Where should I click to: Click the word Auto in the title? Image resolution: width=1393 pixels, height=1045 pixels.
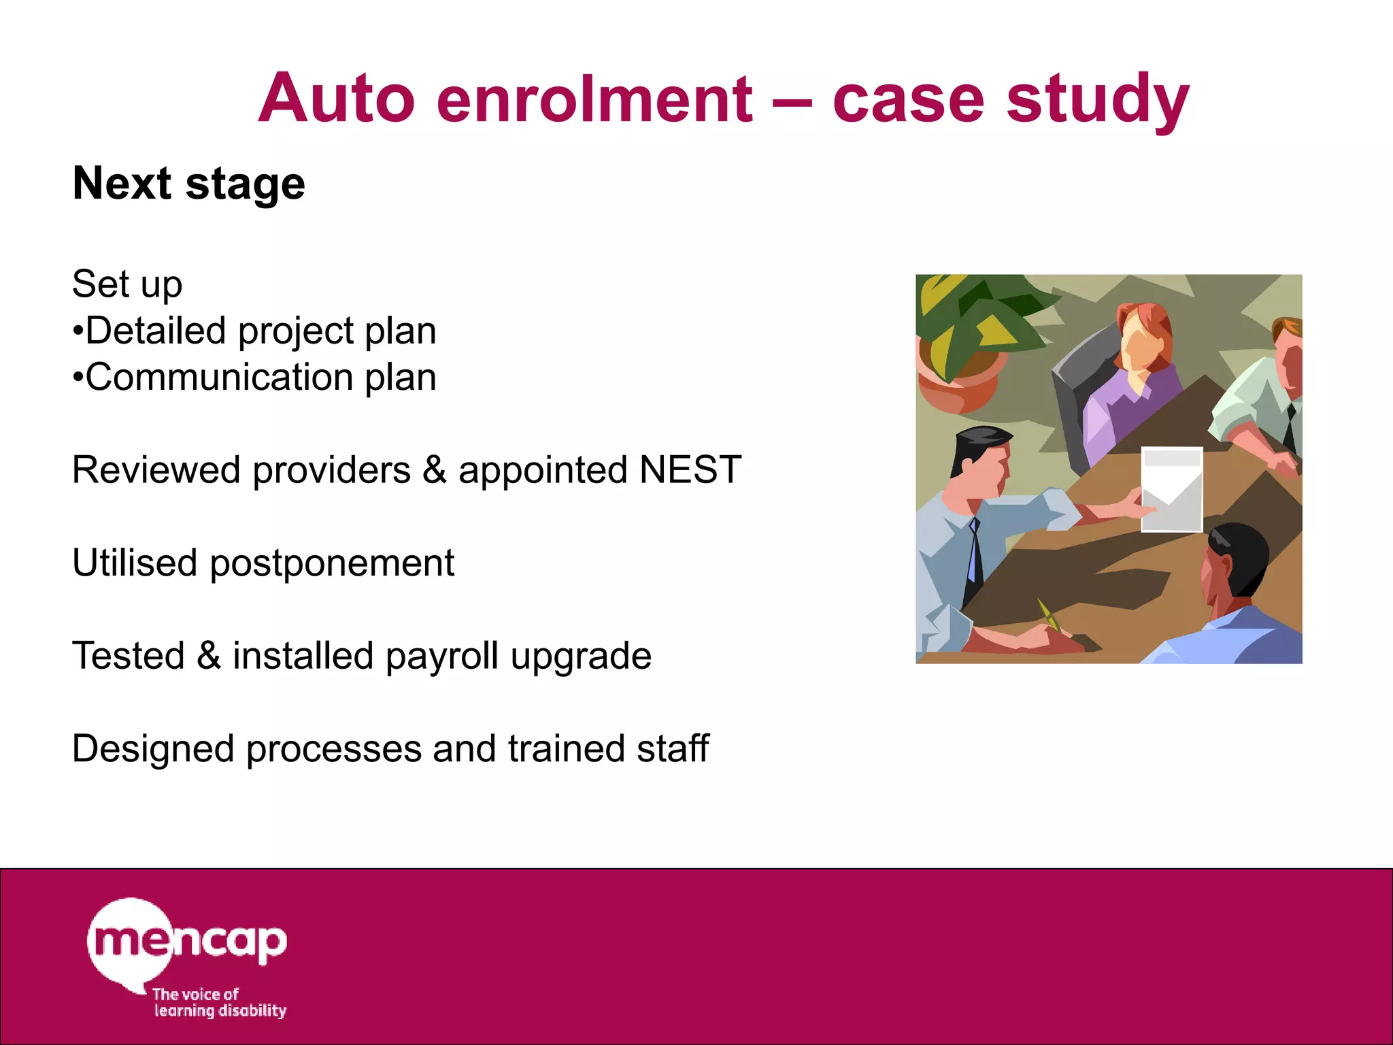coord(337,99)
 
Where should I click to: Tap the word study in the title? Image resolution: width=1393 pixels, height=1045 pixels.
coord(1097,99)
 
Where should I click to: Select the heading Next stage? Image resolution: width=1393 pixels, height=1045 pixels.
coord(188,184)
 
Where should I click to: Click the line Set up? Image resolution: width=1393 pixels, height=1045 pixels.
coord(127,284)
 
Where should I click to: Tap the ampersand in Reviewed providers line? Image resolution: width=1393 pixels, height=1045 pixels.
coord(434,470)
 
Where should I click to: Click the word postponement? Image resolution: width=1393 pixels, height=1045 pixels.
coord(331,563)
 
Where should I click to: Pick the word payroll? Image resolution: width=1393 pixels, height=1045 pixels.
coord(441,657)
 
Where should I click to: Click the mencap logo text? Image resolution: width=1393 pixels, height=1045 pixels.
coord(187,942)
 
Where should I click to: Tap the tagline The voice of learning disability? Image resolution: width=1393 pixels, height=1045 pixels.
coord(219,1003)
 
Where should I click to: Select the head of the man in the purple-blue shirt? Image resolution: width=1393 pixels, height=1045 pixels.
coord(1235,565)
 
